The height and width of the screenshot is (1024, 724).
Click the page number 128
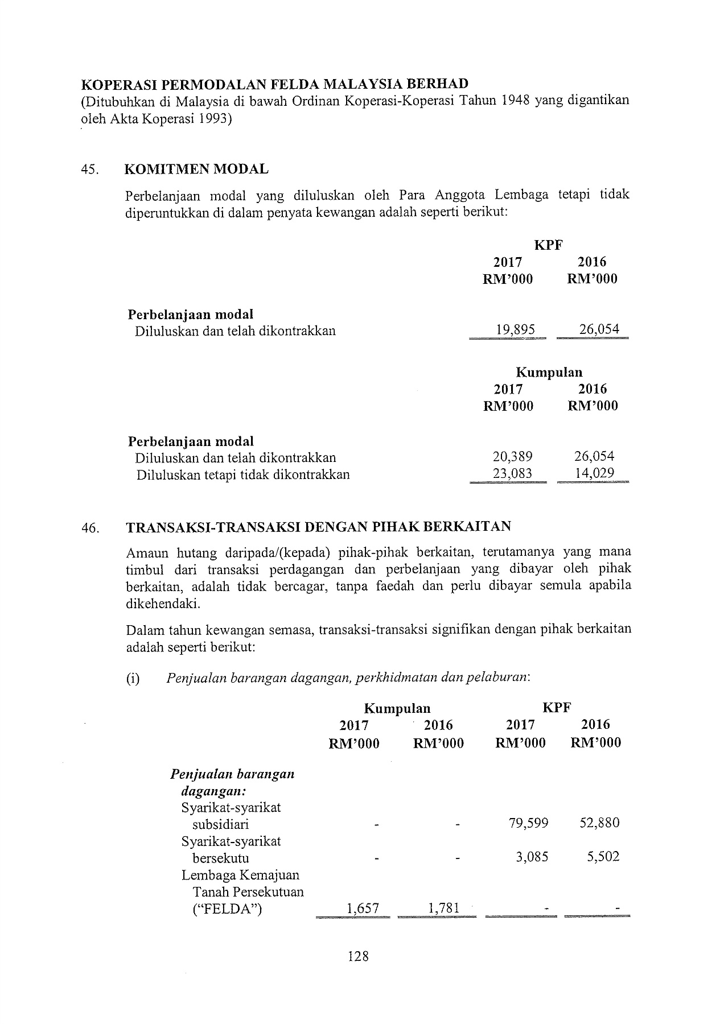tap(358, 956)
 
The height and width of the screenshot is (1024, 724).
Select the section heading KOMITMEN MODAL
tap(196, 169)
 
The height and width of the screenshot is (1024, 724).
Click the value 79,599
tap(529, 823)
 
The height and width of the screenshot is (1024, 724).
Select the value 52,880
tap(599, 823)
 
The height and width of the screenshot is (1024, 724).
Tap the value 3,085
tap(532, 857)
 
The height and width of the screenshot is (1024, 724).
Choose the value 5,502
tap(603, 857)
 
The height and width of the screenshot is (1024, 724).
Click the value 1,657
tap(363, 909)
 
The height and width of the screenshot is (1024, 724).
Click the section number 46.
tap(90, 527)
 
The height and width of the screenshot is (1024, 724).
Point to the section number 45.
tap(90, 170)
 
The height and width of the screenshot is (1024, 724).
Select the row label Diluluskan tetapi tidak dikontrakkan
tap(242, 474)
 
